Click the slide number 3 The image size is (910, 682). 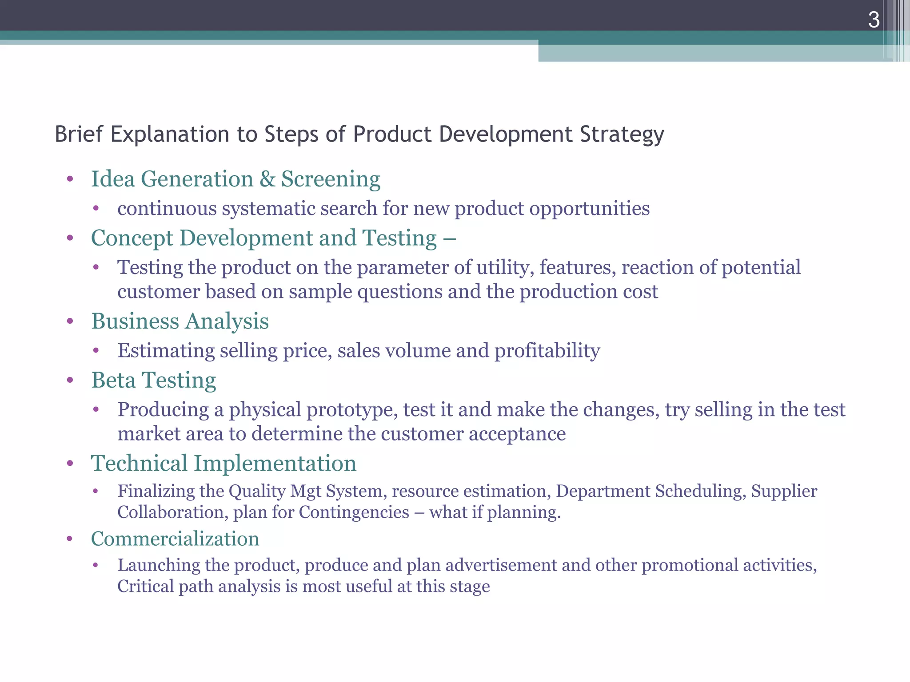coord(874,20)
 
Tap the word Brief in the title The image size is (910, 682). coord(79,134)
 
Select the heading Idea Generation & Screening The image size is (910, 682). coord(235,179)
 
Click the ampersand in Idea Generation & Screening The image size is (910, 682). coord(267,179)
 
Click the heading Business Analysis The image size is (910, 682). coord(180,321)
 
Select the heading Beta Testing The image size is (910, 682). coord(154,380)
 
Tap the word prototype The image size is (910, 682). coord(352,410)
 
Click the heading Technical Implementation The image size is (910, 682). coord(224,463)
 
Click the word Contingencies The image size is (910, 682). coord(354,512)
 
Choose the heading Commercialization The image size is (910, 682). coord(175,539)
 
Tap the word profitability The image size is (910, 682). coord(547,351)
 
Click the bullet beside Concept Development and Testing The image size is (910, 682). coord(70,238)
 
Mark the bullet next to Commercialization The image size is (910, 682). coord(69,539)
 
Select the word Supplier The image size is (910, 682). coord(784,491)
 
